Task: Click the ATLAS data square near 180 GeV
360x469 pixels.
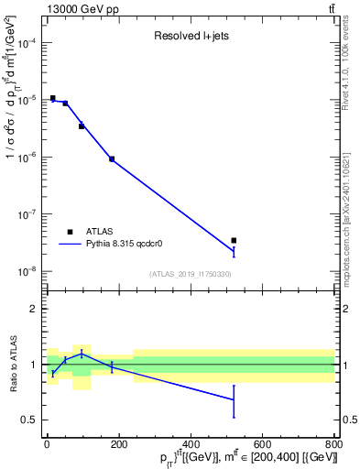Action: pos(112,158)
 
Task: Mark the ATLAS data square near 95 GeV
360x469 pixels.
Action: pos(82,125)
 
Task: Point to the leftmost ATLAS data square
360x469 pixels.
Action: pos(53,98)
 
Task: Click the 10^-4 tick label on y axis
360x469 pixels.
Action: pos(27,43)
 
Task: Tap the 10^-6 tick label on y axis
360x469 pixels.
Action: pos(27,158)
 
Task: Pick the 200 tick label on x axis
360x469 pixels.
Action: pos(118,445)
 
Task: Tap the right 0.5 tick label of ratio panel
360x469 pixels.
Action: pos(349,420)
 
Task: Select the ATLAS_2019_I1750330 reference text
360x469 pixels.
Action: pos(190,274)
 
